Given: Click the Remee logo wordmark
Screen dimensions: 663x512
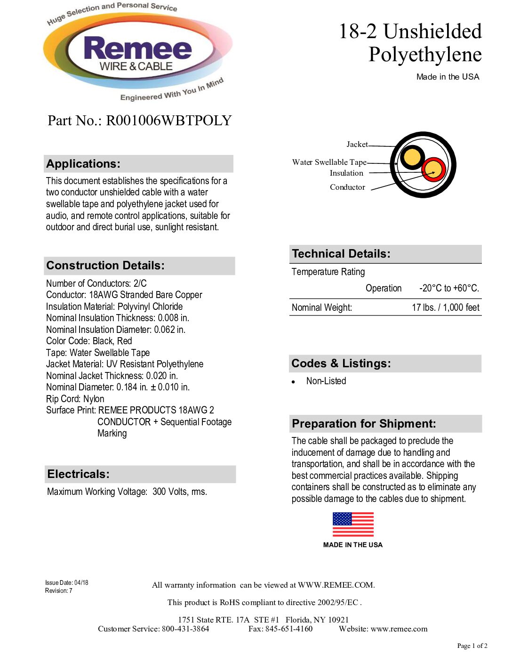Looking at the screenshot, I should point(137,49).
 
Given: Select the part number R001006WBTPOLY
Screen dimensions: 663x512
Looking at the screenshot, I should point(168,121).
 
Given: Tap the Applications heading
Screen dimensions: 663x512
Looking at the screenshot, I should point(83,164).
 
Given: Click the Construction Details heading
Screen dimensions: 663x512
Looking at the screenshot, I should point(105,266).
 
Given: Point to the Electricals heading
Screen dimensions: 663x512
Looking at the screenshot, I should point(79,474).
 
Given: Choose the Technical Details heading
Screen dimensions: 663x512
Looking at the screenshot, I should point(341,254).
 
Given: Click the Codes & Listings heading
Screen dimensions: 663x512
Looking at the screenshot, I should point(341,364).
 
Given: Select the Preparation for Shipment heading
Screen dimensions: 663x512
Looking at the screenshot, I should point(364,424).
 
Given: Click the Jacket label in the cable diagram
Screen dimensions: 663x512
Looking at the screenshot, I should point(357,145).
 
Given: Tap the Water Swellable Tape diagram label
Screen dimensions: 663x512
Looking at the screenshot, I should point(329,162).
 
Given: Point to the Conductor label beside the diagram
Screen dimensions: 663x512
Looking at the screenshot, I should point(347,187).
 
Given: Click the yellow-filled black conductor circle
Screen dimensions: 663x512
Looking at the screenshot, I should point(412,157).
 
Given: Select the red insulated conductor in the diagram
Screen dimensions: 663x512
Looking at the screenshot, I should point(433,170).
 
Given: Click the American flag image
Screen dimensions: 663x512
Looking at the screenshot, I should point(353,525).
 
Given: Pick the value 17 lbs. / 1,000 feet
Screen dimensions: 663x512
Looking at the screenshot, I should point(445,307).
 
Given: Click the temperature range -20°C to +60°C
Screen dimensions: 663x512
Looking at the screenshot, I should point(449,288).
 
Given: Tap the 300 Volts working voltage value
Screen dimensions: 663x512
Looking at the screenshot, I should point(179,492).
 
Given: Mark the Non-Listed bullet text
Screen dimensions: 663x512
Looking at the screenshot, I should point(326,381).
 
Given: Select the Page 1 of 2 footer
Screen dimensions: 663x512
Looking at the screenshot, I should point(472,646).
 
